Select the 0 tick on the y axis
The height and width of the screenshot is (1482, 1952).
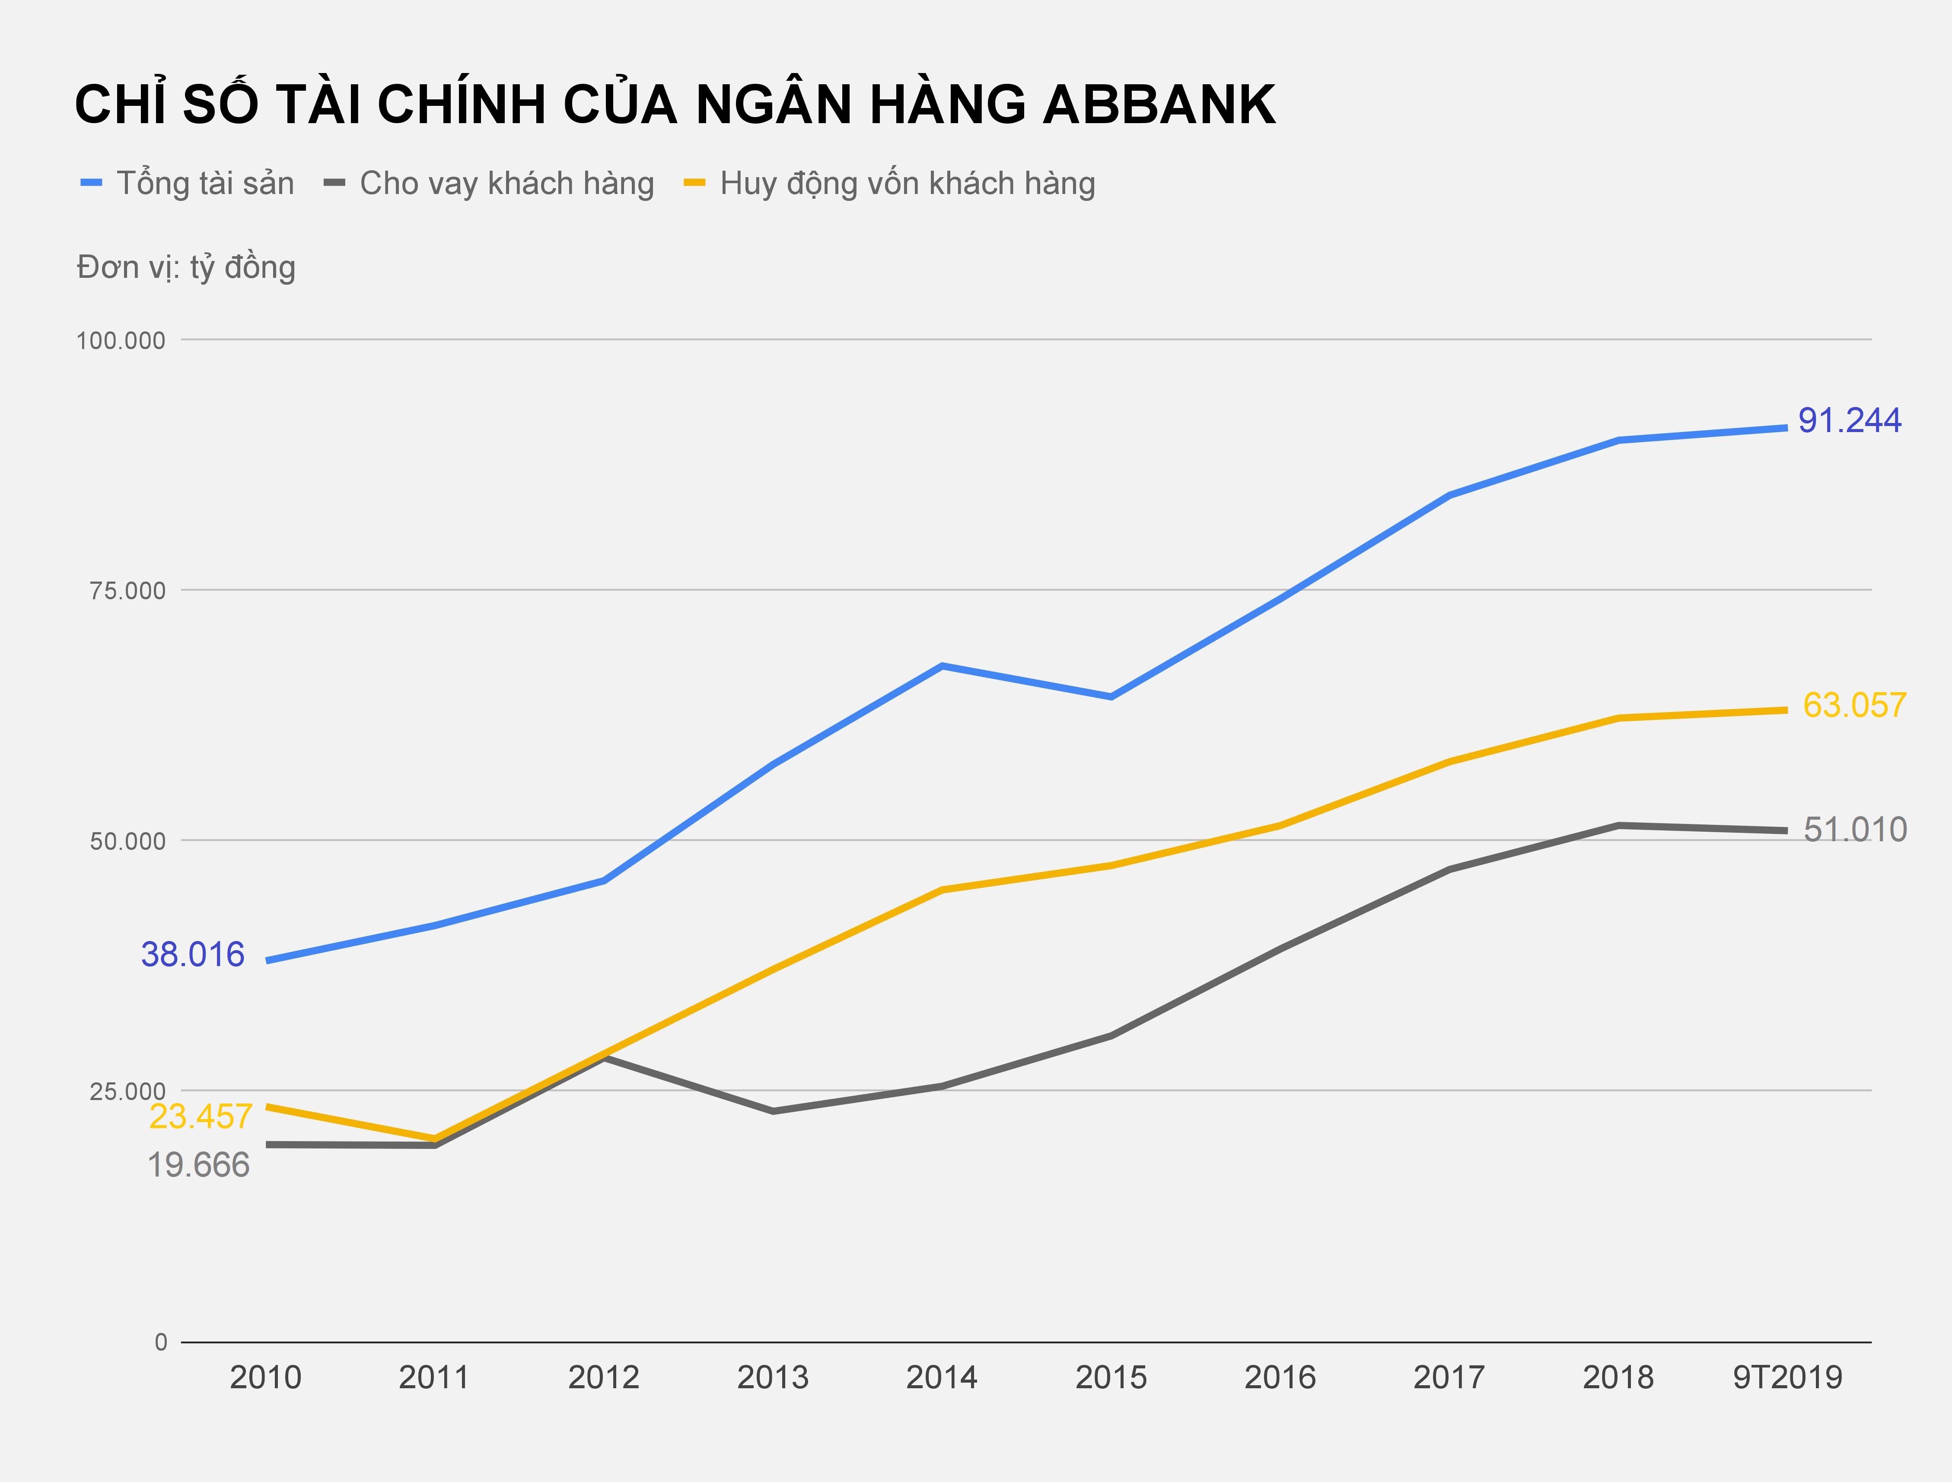coord(161,1342)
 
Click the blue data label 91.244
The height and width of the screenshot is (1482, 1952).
coord(1850,421)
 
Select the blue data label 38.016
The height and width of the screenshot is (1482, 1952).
coord(192,954)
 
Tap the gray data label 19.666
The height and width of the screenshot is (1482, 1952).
coord(198,1165)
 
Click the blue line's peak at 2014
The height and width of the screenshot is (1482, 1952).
coord(943,666)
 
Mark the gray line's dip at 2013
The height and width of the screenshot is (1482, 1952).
coord(773,1110)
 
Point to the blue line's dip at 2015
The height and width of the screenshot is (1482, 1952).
coord(1111,697)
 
